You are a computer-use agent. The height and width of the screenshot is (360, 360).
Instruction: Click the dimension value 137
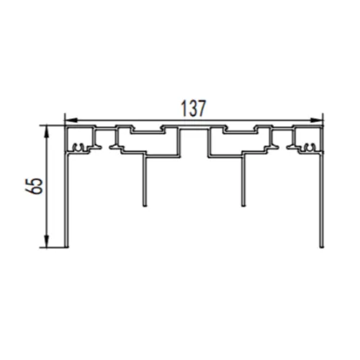click(x=193, y=108)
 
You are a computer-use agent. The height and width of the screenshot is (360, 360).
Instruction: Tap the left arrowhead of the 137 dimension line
click(x=69, y=120)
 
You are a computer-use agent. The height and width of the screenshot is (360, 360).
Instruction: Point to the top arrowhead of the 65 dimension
click(x=48, y=129)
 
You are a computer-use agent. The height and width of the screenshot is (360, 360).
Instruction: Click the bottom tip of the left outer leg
click(x=67, y=246)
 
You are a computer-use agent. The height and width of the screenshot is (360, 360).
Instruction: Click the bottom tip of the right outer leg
click(x=320, y=246)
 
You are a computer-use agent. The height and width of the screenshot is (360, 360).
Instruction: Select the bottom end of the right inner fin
click(x=243, y=205)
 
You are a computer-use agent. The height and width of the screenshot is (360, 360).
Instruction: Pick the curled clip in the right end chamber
click(x=308, y=148)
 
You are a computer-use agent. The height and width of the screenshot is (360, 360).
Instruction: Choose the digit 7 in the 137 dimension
click(x=203, y=108)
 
